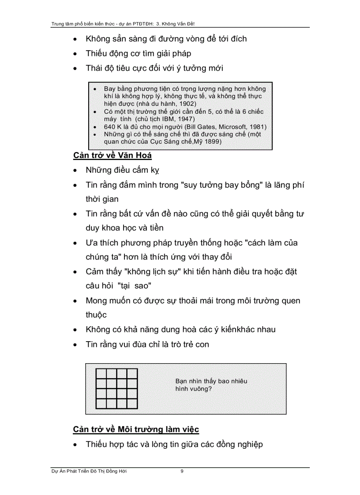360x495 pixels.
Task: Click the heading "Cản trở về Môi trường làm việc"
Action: pyautogui.click(x=136, y=429)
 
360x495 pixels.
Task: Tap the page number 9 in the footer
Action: pyautogui.click(x=182, y=471)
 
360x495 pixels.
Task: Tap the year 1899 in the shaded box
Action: pyautogui.click(x=213, y=142)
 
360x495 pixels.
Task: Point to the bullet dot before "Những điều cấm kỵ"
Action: pyautogui.click(x=77, y=171)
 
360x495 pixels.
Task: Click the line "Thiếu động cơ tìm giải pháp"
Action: pyautogui.click(x=139, y=53)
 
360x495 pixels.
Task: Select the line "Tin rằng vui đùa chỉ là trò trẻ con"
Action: pyautogui.click(x=147, y=344)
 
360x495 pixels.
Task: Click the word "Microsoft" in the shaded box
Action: pyautogui.click(x=234, y=127)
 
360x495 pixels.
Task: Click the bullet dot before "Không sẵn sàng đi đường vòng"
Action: pyautogui.click(x=77, y=39)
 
